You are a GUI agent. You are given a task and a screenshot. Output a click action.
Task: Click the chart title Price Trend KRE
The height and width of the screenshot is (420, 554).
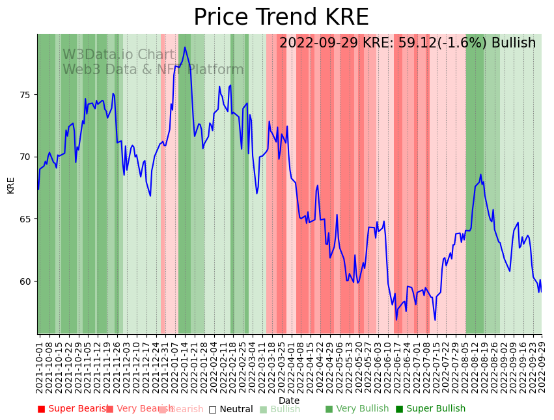tap(281, 18)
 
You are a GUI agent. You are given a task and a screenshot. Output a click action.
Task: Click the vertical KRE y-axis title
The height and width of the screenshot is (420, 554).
tap(11, 185)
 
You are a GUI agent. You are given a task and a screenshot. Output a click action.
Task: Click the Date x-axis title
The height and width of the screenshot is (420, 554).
tap(289, 400)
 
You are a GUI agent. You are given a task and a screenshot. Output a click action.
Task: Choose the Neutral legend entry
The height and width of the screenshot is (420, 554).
tap(231, 409)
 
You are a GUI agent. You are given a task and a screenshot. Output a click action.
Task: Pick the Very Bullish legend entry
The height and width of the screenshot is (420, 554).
tap(357, 409)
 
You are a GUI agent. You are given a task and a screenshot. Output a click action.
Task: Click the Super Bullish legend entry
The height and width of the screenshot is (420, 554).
tap(431, 409)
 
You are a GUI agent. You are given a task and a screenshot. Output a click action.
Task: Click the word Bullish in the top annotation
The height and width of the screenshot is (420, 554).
tap(514, 44)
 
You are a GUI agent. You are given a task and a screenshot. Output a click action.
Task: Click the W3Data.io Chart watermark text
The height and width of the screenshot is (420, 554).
tap(118, 55)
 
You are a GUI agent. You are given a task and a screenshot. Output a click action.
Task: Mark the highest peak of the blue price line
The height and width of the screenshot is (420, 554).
tap(185, 47)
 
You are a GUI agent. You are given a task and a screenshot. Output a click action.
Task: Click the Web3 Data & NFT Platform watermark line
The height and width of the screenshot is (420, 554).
tap(153, 70)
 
